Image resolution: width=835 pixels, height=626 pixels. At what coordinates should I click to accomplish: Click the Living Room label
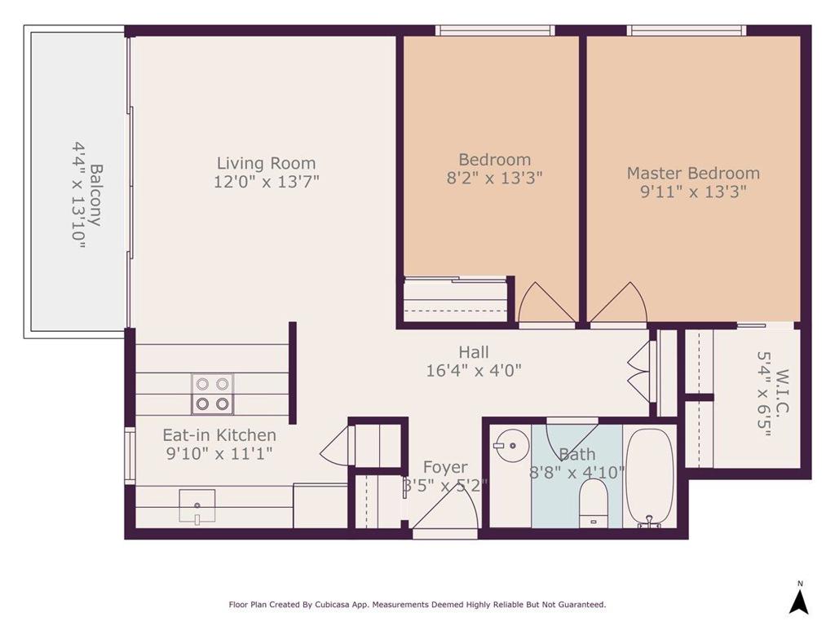[x=266, y=163]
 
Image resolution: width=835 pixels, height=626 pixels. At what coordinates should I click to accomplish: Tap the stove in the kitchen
[x=213, y=394]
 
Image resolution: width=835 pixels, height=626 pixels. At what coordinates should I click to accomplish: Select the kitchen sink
[x=197, y=506]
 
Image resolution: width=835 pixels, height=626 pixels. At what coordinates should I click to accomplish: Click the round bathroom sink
[x=510, y=444]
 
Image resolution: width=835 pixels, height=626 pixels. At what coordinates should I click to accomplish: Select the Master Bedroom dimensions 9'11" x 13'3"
[x=693, y=191]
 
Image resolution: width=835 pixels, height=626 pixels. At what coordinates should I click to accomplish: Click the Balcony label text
[x=96, y=195]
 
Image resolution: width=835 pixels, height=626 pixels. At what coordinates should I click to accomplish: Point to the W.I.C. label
[x=782, y=391]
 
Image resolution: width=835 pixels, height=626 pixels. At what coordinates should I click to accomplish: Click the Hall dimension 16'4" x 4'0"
[x=474, y=370]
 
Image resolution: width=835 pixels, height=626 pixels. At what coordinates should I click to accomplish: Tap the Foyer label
[x=445, y=467]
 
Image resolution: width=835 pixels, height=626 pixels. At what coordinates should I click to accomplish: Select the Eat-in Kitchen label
[x=219, y=435]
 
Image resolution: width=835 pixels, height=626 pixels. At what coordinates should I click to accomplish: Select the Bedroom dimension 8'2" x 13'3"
[x=495, y=178]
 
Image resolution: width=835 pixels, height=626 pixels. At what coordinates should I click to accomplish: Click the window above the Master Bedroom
[x=687, y=30]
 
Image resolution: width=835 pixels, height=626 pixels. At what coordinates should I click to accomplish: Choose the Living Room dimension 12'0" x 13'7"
[x=267, y=182]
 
